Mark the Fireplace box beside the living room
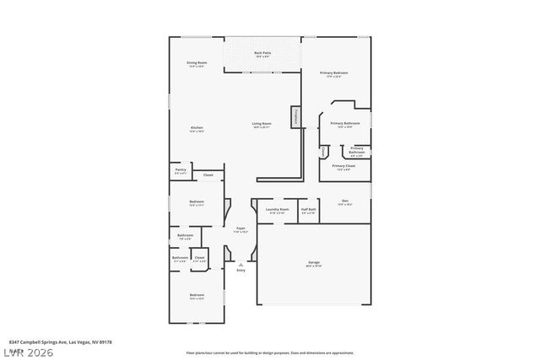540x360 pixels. point(296,117)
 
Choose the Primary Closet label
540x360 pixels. point(343,167)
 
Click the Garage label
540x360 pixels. point(314,264)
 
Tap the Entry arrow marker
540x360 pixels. point(240,263)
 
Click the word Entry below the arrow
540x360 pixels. point(240,270)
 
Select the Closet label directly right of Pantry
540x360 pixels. point(208,175)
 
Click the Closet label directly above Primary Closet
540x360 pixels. point(324,150)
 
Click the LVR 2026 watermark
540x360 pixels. point(29,351)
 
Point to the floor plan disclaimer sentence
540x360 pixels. point(269,352)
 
